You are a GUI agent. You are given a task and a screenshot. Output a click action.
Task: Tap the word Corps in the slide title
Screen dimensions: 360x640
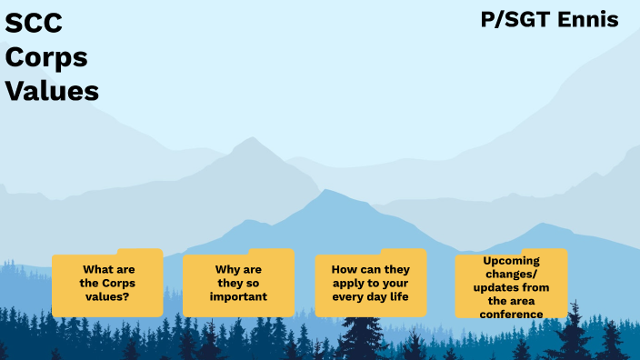pyautogui.click(x=47, y=57)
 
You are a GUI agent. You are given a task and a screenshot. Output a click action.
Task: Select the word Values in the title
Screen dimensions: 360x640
pyautogui.click(x=53, y=90)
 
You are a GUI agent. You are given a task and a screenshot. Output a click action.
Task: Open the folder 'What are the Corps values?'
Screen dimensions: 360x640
pyautogui.click(x=107, y=284)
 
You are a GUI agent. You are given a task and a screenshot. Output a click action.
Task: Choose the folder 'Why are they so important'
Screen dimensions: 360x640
pyautogui.click(x=238, y=284)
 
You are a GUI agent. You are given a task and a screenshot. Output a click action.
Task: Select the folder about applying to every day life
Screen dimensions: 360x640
pyautogui.click(x=370, y=284)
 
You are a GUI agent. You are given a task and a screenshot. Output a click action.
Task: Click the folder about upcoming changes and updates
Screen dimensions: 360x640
pyautogui.click(x=511, y=284)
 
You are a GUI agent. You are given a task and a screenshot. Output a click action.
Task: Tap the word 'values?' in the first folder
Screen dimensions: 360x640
pyautogui.click(x=107, y=296)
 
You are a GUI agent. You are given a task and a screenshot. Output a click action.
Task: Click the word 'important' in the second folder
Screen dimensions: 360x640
pyautogui.click(x=239, y=296)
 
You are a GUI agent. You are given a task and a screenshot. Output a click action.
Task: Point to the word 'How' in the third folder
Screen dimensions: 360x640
pyautogui.click(x=343, y=270)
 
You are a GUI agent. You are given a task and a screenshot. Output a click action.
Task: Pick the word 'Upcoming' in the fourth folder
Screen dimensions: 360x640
pyautogui.click(x=511, y=260)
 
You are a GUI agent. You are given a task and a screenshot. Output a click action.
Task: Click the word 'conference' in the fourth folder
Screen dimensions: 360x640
pyautogui.click(x=512, y=315)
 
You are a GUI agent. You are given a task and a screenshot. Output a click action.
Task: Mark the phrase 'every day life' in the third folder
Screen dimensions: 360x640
pyautogui.click(x=370, y=296)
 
